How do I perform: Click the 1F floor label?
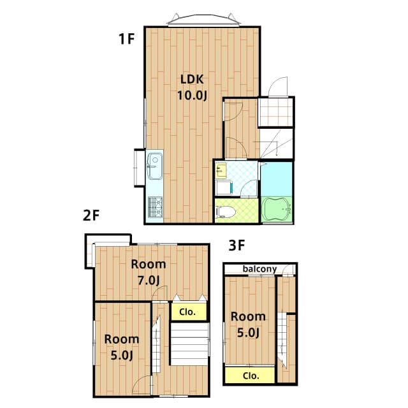tap(126, 39)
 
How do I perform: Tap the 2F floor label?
tap(92, 215)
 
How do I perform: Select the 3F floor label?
tap(237, 245)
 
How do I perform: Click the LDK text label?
tap(191, 80)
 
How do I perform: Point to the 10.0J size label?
tap(192, 96)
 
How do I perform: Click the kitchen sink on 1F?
tap(155, 168)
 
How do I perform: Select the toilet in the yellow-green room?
tap(226, 212)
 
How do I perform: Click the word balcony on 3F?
tap(259, 269)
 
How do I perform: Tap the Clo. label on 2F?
tap(188, 312)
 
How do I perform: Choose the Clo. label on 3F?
tap(251, 375)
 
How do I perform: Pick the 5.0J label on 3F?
tap(247, 332)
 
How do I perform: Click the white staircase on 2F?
tap(189, 344)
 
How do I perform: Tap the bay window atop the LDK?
tap(204, 20)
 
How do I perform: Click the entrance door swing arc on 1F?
tap(277, 87)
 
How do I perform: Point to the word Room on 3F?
tap(248, 316)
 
